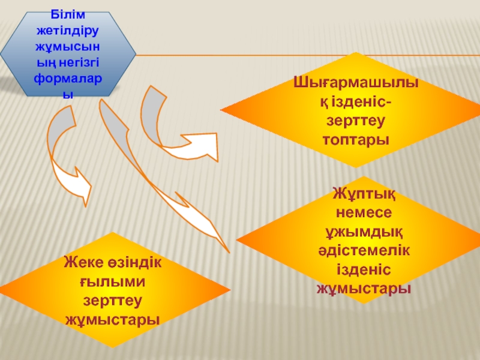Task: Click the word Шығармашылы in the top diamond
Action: point(356,82)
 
